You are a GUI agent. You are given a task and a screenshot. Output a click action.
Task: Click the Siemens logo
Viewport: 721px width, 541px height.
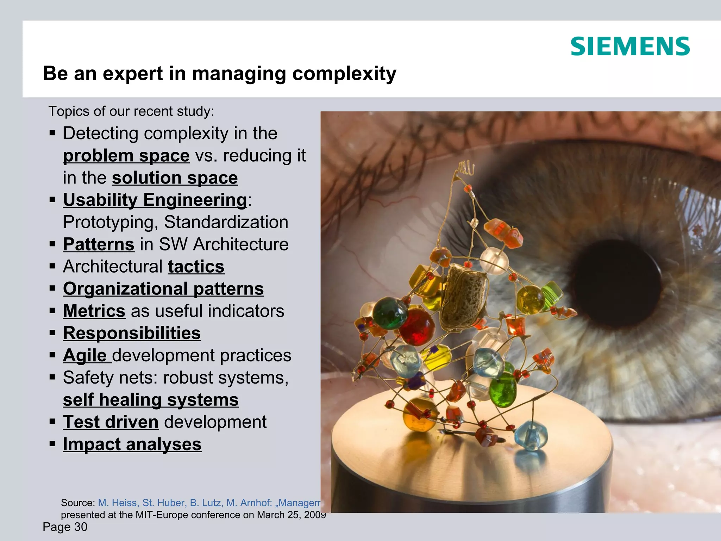tap(630, 46)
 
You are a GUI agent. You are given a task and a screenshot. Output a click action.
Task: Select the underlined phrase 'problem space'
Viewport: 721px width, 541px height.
tap(126, 156)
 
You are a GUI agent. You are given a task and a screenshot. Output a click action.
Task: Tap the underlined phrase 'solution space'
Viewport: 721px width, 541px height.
tap(175, 178)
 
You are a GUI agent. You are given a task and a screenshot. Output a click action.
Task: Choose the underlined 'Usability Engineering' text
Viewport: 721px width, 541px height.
tap(155, 200)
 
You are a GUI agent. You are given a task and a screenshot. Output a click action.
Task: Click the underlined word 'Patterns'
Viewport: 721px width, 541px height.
tap(99, 244)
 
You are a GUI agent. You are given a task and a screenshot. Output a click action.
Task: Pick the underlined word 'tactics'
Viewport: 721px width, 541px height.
tap(196, 267)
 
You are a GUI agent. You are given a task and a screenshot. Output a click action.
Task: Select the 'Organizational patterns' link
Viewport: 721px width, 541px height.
tap(163, 289)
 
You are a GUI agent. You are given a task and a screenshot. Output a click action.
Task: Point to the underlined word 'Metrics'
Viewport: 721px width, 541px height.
tap(94, 311)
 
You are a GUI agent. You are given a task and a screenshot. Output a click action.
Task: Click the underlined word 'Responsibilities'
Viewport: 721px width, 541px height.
tap(132, 333)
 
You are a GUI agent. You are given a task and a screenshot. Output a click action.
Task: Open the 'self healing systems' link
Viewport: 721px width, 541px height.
tap(151, 400)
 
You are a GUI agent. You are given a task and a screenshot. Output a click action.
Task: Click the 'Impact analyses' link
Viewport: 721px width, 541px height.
tap(132, 444)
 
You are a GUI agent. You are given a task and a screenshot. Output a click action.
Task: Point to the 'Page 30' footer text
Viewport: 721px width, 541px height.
tap(65, 527)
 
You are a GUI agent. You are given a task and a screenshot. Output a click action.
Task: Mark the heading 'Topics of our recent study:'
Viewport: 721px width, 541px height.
tap(131, 111)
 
